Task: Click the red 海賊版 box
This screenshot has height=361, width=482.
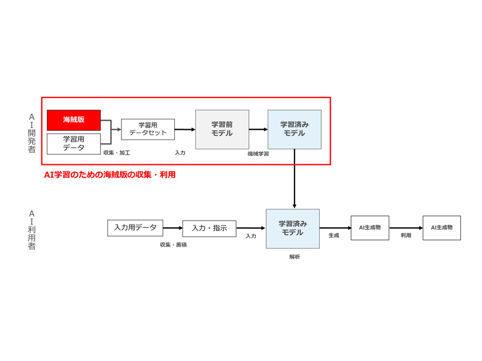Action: tap(74, 120)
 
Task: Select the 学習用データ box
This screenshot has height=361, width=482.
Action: tap(74, 143)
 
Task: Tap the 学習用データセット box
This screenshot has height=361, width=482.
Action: tap(148, 129)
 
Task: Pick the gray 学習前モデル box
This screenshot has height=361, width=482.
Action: tap(222, 129)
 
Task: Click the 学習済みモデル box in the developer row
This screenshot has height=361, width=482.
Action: tap(294, 129)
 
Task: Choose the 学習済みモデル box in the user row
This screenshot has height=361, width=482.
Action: tap(293, 228)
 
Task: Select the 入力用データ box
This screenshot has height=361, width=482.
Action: tap(135, 228)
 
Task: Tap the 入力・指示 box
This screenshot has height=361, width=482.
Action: tap(209, 228)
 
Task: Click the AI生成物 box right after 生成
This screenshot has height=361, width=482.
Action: tap(370, 228)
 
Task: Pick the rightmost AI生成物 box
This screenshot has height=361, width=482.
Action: tap(441, 228)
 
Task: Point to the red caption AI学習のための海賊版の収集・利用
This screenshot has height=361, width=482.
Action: tap(110, 175)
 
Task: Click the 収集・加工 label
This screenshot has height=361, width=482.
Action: tap(116, 152)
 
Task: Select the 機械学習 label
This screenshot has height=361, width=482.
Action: tap(258, 154)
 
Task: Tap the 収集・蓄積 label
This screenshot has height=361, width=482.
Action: tap(174, 245)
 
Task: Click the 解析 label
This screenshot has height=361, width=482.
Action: tap(295, 257)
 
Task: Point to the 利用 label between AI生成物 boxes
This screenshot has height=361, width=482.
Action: tap(406, 235)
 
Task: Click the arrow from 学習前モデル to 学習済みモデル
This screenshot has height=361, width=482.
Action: tap(258, 129)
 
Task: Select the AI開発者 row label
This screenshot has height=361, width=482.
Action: tap(32, 132)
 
